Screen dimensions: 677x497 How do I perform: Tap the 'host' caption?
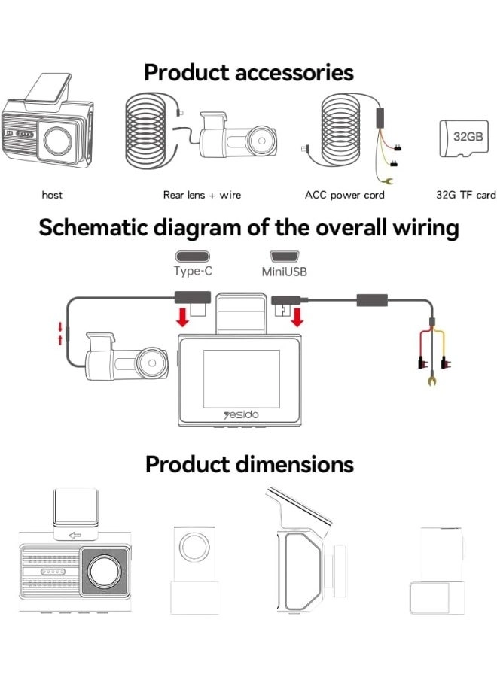pos(52,195)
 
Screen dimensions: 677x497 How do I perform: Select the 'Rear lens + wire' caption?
pos(202,195)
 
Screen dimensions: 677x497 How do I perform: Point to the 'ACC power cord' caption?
pos(344,195)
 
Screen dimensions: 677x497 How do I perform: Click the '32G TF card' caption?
pos(466,195)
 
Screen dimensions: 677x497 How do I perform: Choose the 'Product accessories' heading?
pos(248,73)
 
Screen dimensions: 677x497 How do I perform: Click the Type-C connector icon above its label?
pos(192,256)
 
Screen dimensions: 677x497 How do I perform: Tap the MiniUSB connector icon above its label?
pos(284,256)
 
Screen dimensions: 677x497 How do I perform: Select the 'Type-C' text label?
pos(192,271)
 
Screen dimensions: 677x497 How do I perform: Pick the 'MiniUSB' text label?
pos(284,272)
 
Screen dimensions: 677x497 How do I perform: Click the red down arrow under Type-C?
pos(181,317)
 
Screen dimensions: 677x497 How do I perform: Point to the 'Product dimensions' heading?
pos(248,464)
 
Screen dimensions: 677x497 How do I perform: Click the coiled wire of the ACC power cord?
pos(344,135)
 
